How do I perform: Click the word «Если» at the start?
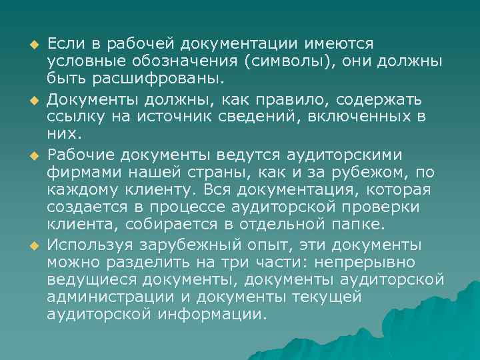(64, 43)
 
